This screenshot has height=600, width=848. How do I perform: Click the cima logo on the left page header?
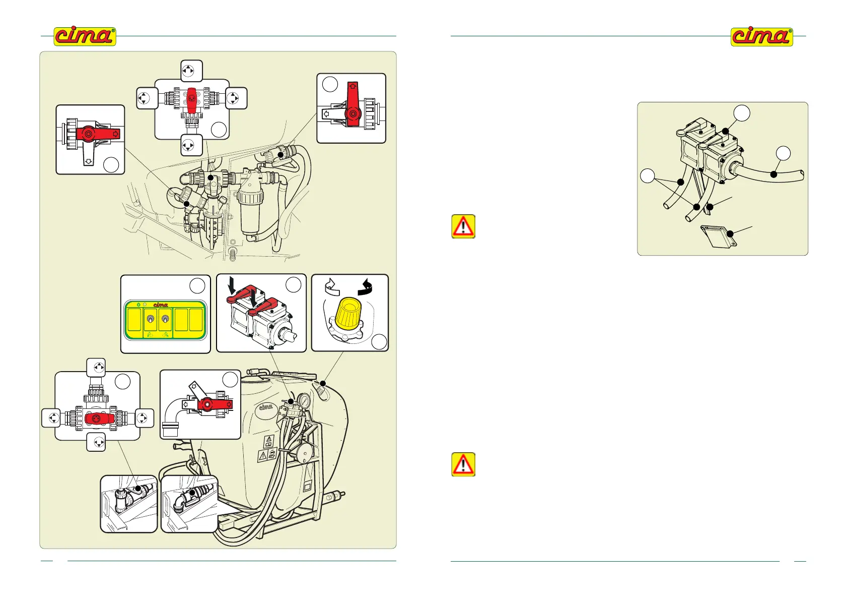[x=85, y=36]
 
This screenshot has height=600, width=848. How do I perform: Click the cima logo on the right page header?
[x=761, y=37]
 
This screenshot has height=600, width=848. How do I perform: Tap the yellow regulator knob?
[x=348, y=313]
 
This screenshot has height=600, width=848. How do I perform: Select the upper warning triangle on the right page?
[x=463, y=226]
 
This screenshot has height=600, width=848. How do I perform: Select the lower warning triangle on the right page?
[x=463, y=464]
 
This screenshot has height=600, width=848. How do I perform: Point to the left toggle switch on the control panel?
[x=150, y=320]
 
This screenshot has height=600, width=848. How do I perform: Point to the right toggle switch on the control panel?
[x=165, y=320]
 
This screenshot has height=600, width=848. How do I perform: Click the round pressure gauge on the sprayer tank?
[x=304, y=401]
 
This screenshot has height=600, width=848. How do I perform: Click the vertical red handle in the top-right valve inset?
[x=352, y=103]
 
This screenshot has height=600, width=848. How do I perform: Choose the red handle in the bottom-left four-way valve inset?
[x=99, y=418]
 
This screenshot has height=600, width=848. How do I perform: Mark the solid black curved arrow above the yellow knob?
[x=365, y=287]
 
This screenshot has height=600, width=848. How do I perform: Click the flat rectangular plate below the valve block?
[x=719, y=236]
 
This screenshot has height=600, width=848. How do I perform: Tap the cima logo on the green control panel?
[x=160, y=305]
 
